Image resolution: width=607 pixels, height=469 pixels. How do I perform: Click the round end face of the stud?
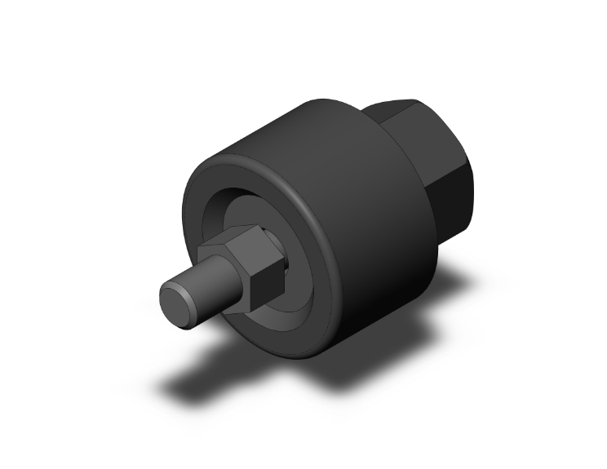[x=177, y=302]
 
